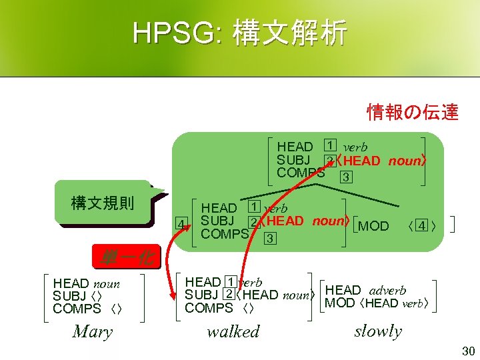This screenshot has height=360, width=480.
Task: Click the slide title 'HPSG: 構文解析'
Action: tap(239, 33)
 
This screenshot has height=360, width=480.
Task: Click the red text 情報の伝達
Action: tap(413, 112)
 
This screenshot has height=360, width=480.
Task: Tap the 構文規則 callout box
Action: tap(103, 201)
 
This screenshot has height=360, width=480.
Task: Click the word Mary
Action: tap(92, 331)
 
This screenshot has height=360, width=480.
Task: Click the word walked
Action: tap(233, 331)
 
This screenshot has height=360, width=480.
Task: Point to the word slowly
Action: tap(378, 331)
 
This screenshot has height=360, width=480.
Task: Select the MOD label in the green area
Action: tap(373, 226)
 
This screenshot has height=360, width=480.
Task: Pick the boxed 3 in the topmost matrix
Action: tap(345, 177)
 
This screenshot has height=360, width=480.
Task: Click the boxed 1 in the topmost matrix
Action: tap(329, 145)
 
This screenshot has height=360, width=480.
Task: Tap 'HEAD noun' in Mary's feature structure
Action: tap(86, 284)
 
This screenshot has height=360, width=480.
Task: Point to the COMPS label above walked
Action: tap(208, 308)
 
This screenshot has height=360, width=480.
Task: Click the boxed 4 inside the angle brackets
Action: tap(421, 226)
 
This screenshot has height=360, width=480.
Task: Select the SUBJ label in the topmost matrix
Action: tap(293, 160)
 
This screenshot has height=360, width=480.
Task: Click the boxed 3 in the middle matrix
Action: tap(269, 237)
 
